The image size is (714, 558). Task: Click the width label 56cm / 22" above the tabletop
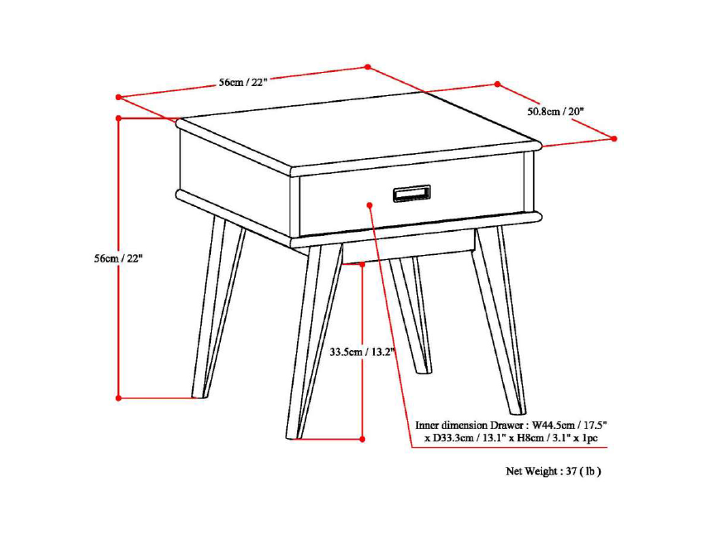[x=242, y=83]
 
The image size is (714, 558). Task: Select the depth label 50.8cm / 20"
[x=555, y=111]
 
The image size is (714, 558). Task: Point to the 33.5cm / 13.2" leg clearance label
[x=362, y=352]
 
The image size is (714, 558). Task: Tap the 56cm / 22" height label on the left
[x=118, y=258]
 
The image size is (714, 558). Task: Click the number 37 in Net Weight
[x=572, y=471]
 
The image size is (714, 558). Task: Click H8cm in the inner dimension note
[x=531, y=438]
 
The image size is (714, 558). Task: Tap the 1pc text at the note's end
[x=589, y=438]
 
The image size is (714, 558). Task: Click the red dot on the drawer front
[x=370, y=205]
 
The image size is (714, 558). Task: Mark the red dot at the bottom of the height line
[x=118, y=397]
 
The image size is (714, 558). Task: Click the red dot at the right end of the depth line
[x=614, y=138]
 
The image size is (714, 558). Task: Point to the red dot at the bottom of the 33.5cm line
[x=362, y=439]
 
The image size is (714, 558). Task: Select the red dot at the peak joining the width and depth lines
[x=368, y=67]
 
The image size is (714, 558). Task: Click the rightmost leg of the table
[x=499, y=319]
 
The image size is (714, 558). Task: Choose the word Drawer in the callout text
[x=507, y=425]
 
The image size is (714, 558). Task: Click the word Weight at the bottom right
[x=542, y=471]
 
